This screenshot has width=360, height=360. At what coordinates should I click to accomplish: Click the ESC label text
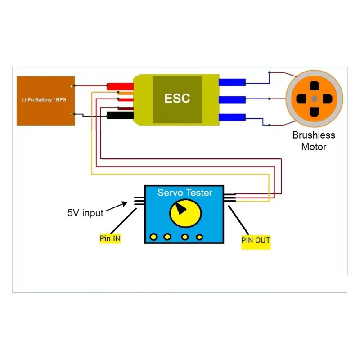(x=177, y=99)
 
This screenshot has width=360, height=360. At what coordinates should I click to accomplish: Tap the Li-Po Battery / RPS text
(x=44, y=99)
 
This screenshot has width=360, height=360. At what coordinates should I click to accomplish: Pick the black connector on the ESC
(x=121, y=116)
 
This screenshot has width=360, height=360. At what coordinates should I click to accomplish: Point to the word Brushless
(x=314, y=135)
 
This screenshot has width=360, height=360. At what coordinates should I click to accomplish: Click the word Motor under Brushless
(x=314, y=147)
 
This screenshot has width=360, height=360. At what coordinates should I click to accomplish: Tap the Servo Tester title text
(x=184, y=193)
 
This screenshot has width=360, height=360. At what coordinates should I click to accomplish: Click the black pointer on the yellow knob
(x=181, y=208)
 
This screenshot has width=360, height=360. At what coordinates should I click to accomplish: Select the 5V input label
(x=85, y=213)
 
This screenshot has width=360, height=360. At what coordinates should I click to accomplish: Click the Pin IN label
(x=110, y=238)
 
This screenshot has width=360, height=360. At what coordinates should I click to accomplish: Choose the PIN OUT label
(x=256, y=240)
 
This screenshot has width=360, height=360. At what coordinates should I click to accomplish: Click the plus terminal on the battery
(x=71, y=85)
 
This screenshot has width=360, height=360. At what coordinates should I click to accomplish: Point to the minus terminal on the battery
(x=71, y=114)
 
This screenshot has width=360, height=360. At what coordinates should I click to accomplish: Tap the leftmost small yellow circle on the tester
(x=154, y=236)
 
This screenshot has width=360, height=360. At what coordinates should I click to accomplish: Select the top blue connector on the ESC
(x=232, y=82)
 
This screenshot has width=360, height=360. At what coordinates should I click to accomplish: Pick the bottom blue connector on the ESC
(x=232, y=118)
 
